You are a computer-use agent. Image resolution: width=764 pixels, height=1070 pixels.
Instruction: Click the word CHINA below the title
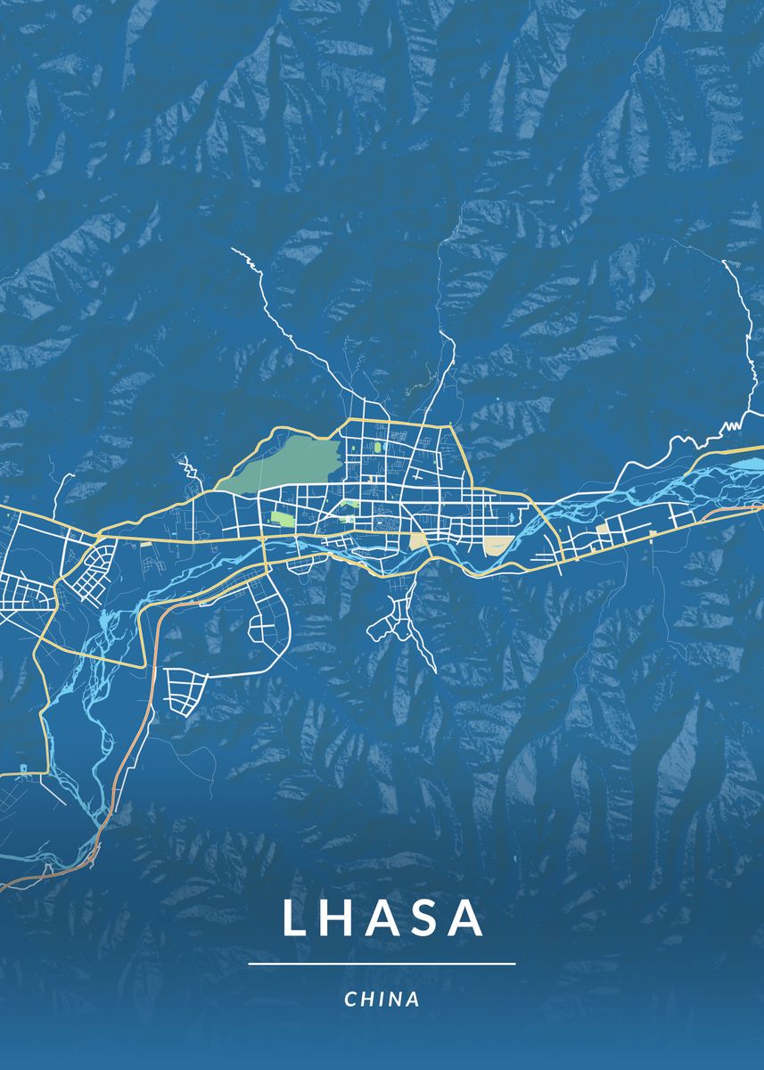pos(382,1000)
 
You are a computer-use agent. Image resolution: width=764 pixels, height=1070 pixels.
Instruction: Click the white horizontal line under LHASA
pos(382,964)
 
